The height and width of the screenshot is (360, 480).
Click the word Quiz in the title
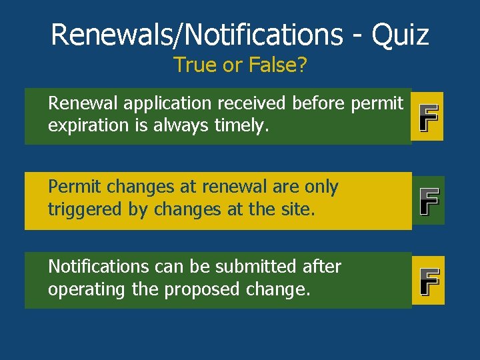click(x=401, y=34)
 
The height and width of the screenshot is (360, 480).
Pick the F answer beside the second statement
click(x=427, y=201)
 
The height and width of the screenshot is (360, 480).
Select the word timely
click(x=239, y=126)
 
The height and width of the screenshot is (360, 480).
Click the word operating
click(x=87, y=289)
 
